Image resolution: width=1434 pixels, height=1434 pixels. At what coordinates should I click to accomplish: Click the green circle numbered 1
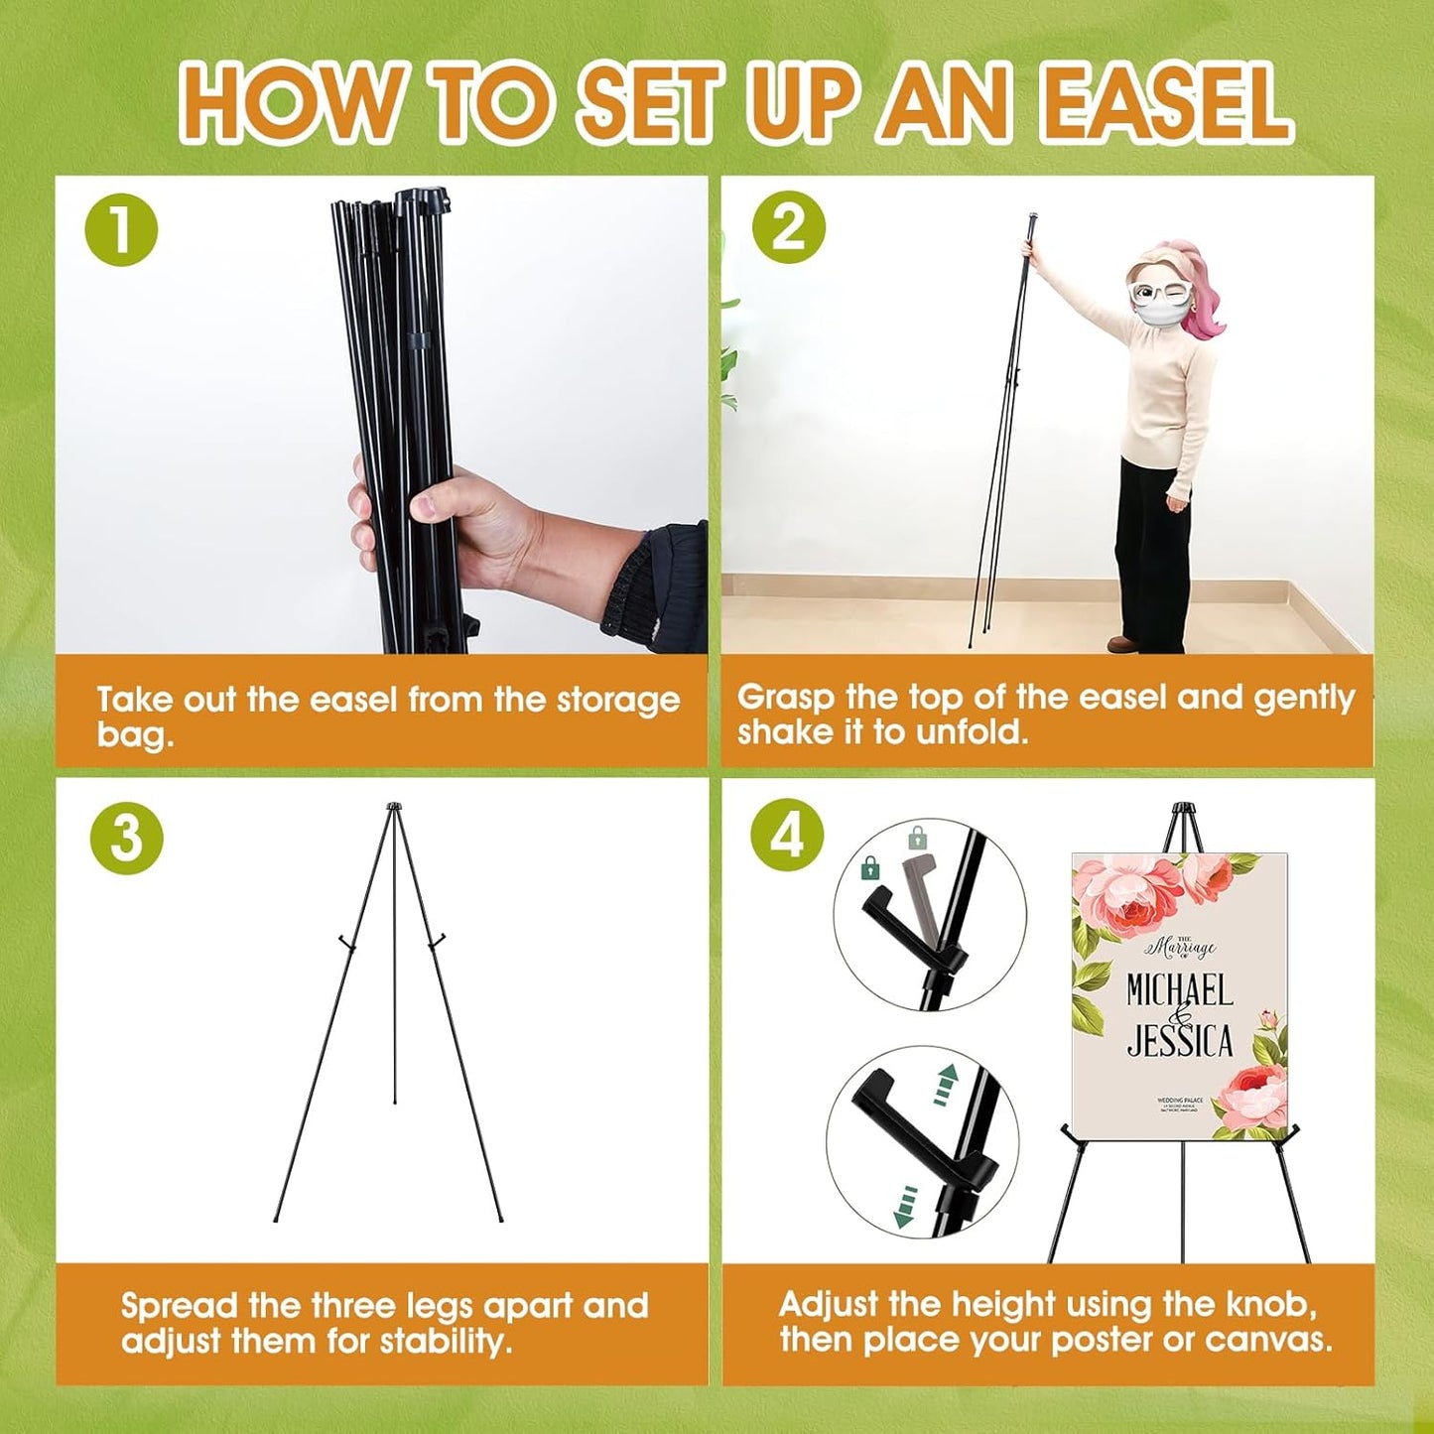[x=121, y=229]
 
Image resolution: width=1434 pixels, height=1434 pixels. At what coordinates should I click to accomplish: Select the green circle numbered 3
[x=126, y=839]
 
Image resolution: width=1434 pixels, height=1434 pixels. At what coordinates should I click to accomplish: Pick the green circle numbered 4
[x=787, y=838]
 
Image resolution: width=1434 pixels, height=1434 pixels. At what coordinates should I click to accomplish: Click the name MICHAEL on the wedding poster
[x=1179, y=990]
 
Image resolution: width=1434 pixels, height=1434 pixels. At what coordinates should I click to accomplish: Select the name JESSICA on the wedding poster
[x=1180, y=1040]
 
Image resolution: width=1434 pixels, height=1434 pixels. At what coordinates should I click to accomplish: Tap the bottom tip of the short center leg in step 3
[x=395, y=1101]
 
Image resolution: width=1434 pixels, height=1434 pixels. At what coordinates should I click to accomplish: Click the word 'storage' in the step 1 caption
[x=617, y=700]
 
